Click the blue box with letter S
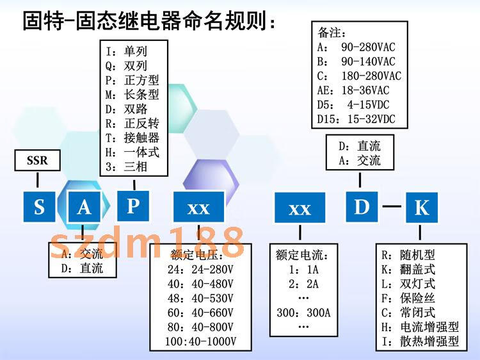click(x=40, y=208)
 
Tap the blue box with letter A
click(x=84, y=208)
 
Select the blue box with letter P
click(x=132, y=206)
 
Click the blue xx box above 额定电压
click(x=198, y=208)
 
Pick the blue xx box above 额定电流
click(x=300, y=209)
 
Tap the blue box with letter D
click(x=362, y=207)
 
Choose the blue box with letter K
click(x=422, y=208)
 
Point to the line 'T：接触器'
click(x=132, y=138)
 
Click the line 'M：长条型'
click(x=132, y=95)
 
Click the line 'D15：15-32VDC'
click(x=357, y=119)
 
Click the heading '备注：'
click(x=333, y=32)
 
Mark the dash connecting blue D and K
click(x=392, y=207)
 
